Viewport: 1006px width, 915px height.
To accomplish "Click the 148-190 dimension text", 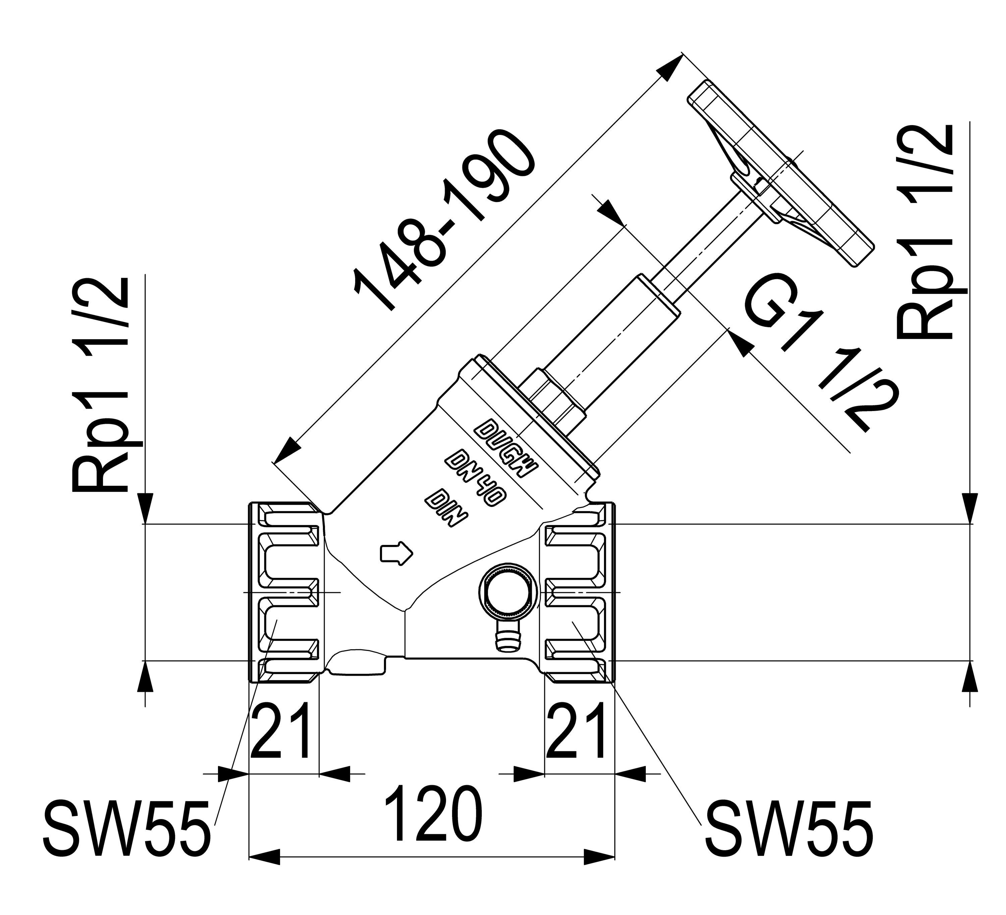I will pyautogui.click(x=444, y=220).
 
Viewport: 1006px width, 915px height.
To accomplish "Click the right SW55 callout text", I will pyautogui.click(x=788, y=836).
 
